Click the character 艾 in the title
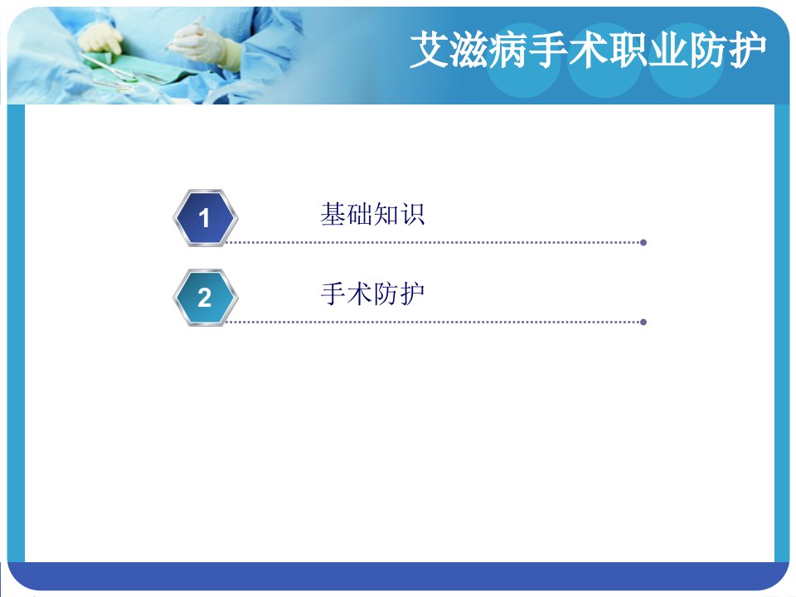pyautogui.click(x=429, y=49)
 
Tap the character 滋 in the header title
pyautogui.click(x=468, y=49)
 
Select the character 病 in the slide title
pyautogui.click(x=508, y=49)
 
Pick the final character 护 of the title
pyautogui.click(x=747, y=49)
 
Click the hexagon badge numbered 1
pyautogui.click(x=205, y=218)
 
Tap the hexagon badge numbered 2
pyautogui.click(x=205, y=298)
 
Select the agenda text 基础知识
pyautogui.click(x=372, y=214)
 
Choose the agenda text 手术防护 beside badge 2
pyautogui.click(x=372, y=294)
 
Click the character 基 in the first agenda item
pyautogui.click(x=333, y=214)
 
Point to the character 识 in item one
pyautogui.click(x=412, y=214)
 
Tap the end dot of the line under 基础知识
pyautogui.click(x=643, y=243)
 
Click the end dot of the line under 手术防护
pyautogui.click(x=643, y=322)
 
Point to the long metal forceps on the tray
pyautogui.click(x=109, y=69)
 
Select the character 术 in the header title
pyautogui.click(x=588, y=49)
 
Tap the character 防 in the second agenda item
pyautogui.click(x=386, y=294)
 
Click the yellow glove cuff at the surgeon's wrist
pyautogui.click(x=231, y=54)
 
